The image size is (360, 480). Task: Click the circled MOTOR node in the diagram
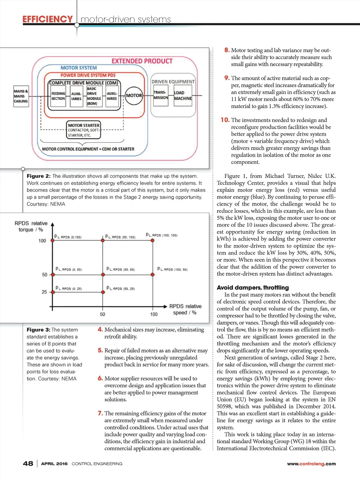pyautogui.click(x=134, y=96)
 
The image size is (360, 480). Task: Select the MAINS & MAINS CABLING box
pyautogui.click(x=21, y=96)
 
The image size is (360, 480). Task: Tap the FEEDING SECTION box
pyautogui.click(x=58, y=96)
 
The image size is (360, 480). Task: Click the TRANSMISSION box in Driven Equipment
pyautogui.click(x=161, y=95)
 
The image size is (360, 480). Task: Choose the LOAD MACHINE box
pyautogui.click(x=183, y=96)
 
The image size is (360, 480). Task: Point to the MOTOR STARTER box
pyautogui.click(x=84, y=130)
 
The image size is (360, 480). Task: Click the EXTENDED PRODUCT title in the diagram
pyautogui.click(x=142, y=61)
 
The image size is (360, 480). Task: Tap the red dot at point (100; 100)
pyautogui.click(x=154, y=241)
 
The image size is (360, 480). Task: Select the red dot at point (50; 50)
pyautogui.click(x=103, y=275)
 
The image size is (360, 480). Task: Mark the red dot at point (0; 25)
pyautogui.click(x=52, y=292)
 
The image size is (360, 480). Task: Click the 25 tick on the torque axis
pyautogui.click(x=44, y=292)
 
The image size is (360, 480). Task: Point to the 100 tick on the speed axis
pyautogui.click(x=154, y=314)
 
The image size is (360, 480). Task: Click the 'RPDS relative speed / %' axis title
pyautogui.click(x=185, y=309)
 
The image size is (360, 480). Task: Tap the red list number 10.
pyautogui.click(x=225, y=120)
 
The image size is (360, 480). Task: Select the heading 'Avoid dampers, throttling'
pyautogui.click(x=253, y=287)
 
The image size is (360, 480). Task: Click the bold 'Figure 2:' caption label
pyautogui.click(x=39, y=176)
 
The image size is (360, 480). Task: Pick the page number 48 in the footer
pyautogui.click(x=28, y=463)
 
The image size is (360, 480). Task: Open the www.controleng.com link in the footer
pyautogui.click(x=311, y=464)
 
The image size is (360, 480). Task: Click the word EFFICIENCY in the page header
pyautogui.click(x=47, y=19)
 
